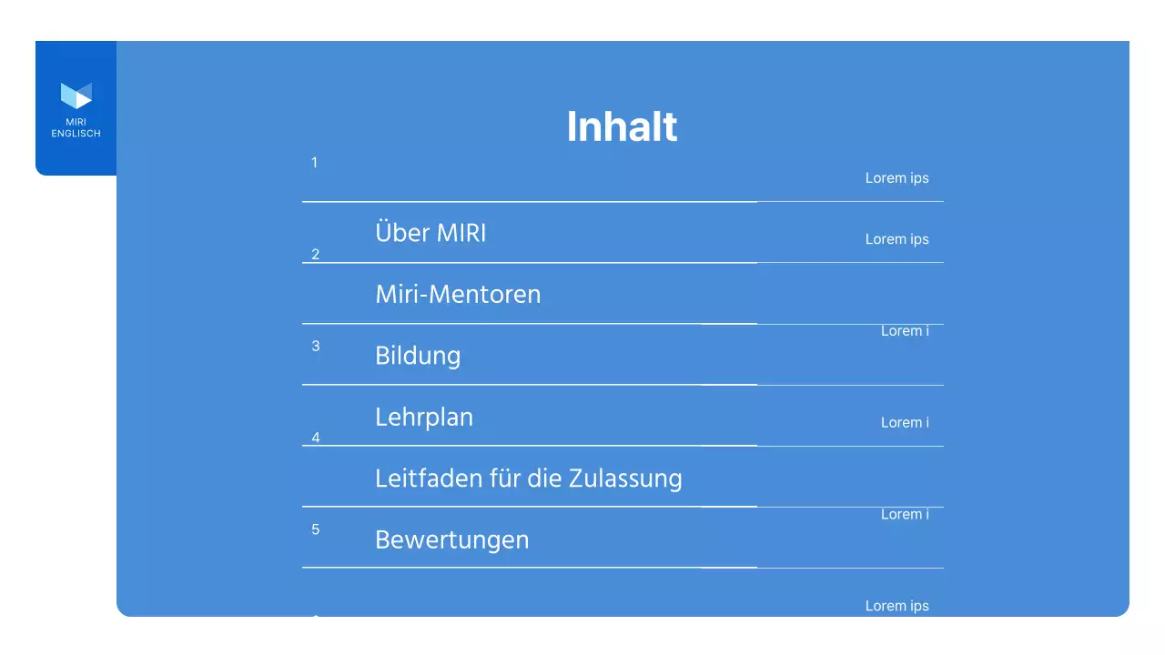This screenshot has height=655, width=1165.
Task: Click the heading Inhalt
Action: pos(622,126)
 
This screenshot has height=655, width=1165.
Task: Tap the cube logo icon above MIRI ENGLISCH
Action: pos(76,96)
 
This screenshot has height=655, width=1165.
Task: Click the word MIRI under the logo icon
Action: pos(76,122)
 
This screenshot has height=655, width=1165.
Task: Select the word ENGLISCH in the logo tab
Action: pos(76,134)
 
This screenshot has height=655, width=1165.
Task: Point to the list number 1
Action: pos(315,163)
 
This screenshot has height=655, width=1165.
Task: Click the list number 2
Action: pos(316,254)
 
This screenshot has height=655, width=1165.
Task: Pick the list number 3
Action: pos(316,346)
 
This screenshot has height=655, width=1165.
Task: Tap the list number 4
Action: pos(316,438)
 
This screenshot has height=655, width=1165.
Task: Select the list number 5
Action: pos(316,529)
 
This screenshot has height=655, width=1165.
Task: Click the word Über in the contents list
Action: pos(401,233)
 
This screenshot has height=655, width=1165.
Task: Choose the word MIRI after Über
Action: pos(461,233)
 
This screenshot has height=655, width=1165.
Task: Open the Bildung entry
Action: pos(418,356)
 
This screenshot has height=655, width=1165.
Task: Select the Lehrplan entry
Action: pos(424,418)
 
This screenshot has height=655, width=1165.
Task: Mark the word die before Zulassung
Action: pos(547,478)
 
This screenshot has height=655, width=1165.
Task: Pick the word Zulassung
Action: pos(625,479)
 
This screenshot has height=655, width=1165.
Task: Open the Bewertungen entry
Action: pos(451,539)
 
